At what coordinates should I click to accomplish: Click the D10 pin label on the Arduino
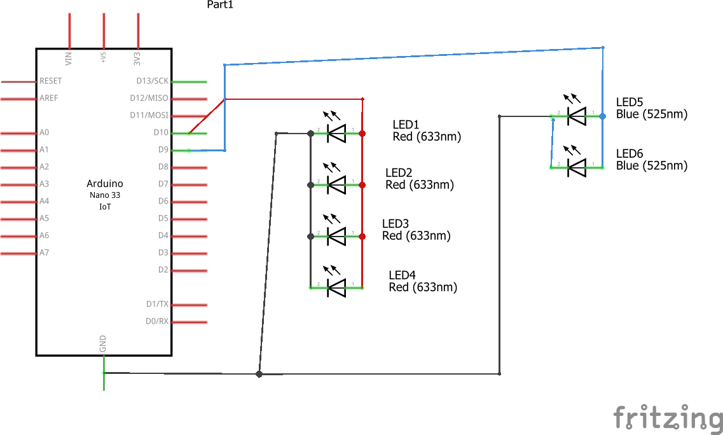click(x=161, y=132)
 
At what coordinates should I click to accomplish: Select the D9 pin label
click(x=163, y=149)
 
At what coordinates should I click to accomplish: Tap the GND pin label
click(x=103, y=343)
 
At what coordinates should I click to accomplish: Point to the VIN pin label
click(x=69, y=59)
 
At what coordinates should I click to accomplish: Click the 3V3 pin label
click(x=137, y=59)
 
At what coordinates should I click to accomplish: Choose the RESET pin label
click(x=51, y=81)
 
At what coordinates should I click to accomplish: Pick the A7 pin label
click(x=45, y=252)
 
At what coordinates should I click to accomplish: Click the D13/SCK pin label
click(x=153, y=81)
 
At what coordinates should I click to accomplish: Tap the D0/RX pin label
click(x=157, y=321)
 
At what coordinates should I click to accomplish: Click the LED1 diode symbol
click(x=336, y=134)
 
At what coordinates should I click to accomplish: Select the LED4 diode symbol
click(x=336, y=288)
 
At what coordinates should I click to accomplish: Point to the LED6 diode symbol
click(x=577, y=167)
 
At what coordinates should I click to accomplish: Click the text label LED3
click(x=396, y=224)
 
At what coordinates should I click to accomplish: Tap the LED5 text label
click(x=630, y=102)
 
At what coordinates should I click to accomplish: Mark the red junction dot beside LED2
click(x=362, y=185)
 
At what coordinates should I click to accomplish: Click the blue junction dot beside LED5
click(x=602, y=116)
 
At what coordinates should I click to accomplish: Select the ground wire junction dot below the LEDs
click(x=259, y=374)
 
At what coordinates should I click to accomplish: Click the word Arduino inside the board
click(x=105, y=184)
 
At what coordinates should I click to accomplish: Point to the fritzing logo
click(x=668, y=417)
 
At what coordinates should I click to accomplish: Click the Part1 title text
click(x=221, y=4)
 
